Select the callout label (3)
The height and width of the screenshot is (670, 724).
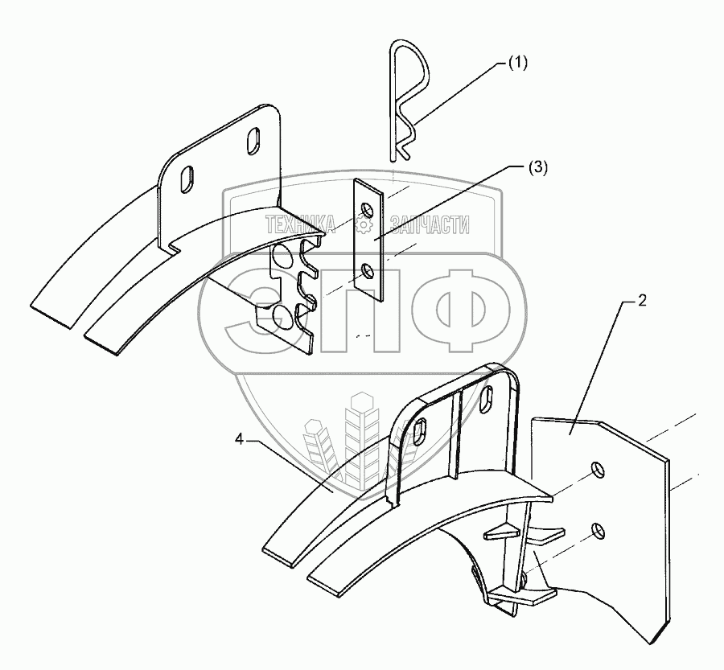tap(537, 168)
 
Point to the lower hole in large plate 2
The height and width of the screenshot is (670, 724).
tap(597, 529)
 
